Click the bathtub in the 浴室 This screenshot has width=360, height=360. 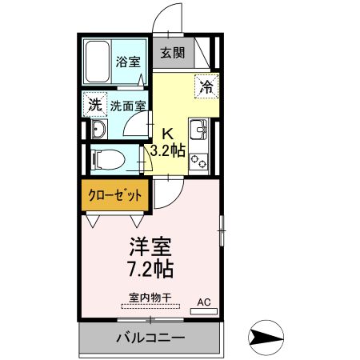click(98, 62)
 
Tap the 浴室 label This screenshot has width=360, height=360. click(128, 62)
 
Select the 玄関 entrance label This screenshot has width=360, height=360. click(173, 53)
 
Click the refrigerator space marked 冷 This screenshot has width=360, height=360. click(207, 86)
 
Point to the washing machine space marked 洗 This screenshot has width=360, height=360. click(95, 105)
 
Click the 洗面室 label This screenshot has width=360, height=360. click(128, 106)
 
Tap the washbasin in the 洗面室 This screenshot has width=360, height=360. click(99, 129)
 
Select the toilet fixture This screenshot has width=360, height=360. click(108, 159)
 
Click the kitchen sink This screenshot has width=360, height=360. click(198, 130)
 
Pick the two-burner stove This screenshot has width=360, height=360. click(198, 161)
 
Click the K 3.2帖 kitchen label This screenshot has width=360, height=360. click(168, 143)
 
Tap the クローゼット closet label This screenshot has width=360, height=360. click(115, 195)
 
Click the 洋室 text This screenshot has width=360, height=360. click(150, 246)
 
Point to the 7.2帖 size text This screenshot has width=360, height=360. click(150, 269)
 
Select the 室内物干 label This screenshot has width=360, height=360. click(150, 298)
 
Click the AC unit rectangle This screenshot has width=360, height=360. click(204, 311)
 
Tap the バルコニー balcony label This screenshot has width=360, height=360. click(150, 338)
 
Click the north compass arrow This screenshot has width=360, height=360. click(266, 338)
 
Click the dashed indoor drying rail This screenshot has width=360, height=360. click(150, 306)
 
